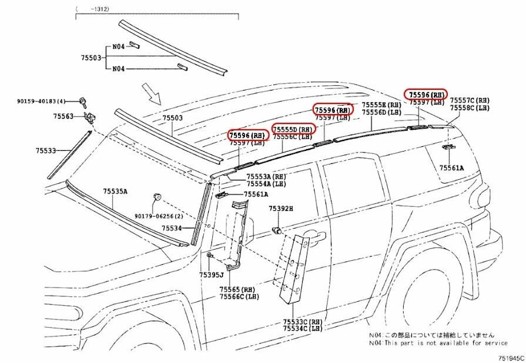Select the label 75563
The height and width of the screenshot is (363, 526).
point(63,116)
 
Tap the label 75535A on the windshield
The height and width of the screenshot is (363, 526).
point(116,191)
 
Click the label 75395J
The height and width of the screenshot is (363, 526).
point(211,274)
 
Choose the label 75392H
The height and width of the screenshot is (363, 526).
point(281,209)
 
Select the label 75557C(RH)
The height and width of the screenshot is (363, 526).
point(470,100)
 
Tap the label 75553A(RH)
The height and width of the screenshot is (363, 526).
point(266,176)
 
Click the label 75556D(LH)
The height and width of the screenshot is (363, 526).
point(381,112)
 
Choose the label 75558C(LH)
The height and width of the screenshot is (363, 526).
point(470,108)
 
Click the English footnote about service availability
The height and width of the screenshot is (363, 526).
point(438,342)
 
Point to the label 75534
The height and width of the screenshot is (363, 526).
point(172,228)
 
